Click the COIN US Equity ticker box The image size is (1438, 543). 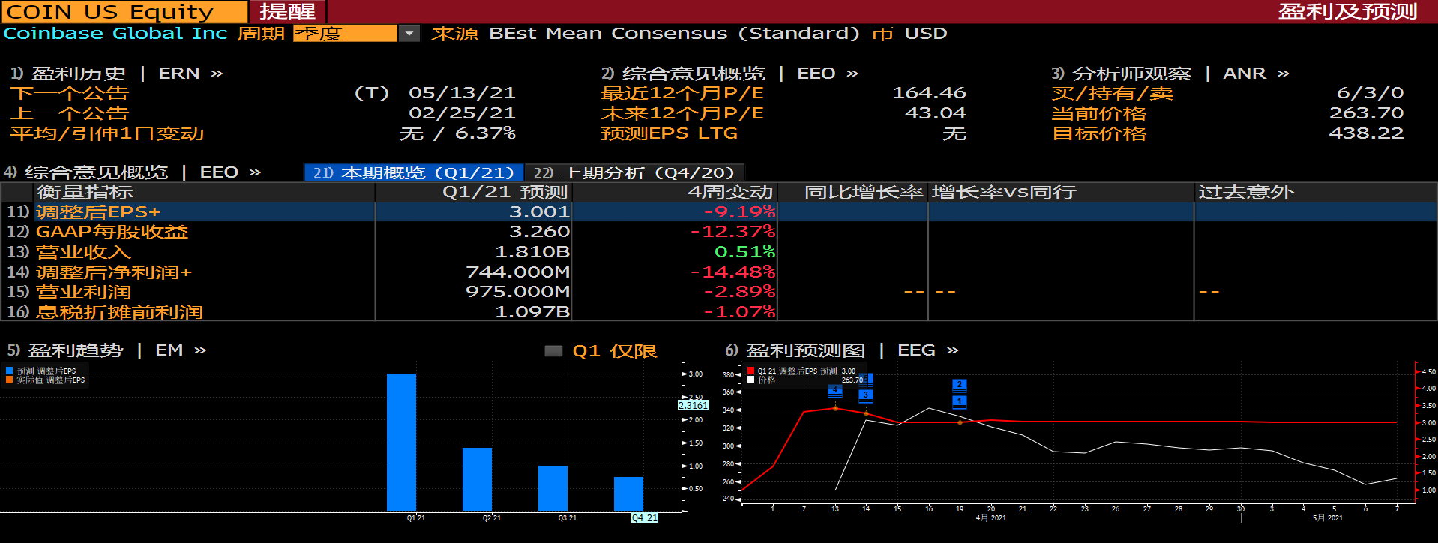[124, 12]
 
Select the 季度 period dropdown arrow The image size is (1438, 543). [409, 34]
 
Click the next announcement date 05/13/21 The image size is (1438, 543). [462, 93]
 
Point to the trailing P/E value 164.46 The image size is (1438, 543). [929, 93]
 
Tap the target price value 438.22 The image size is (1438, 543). [1365, 133]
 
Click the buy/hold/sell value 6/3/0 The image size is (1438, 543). [1370, 93]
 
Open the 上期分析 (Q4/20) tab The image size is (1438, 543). [634, 173]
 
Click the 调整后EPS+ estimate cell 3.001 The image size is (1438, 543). [539, 212]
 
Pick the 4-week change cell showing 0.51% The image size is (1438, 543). [744, 252]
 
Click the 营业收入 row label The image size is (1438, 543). [83, 252]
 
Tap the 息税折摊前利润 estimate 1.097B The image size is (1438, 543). [532, 312]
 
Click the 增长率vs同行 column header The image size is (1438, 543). [1004, 193]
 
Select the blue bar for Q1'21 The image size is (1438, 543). [401, 442]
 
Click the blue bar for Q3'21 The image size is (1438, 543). [553, 488]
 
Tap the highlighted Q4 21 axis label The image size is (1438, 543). [644, 518]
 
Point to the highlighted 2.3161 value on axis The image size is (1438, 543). [693, 405]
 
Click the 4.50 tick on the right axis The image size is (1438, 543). [1428, 371]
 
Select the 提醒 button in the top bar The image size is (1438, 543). [287, 12]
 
